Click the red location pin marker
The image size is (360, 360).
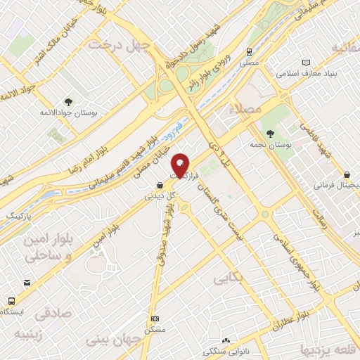point(181,164)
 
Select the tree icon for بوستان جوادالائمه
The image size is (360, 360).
point(68,101)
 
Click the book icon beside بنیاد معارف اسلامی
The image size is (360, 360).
point(304,62)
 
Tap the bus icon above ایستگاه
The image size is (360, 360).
point(11,300)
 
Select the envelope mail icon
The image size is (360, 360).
point(27,283)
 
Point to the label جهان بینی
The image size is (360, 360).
point(112,340)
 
